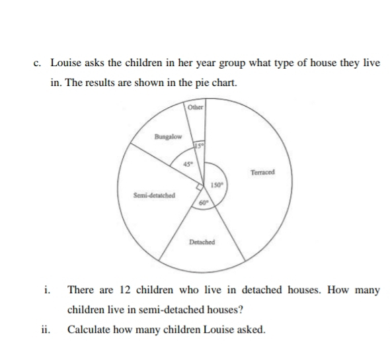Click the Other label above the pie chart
[x=196, y=108]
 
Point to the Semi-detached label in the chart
[x=153, y=196]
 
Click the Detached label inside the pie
[x=201, y=242]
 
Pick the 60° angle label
[x=204, y=202]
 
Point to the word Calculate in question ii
[x=89, y=329]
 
